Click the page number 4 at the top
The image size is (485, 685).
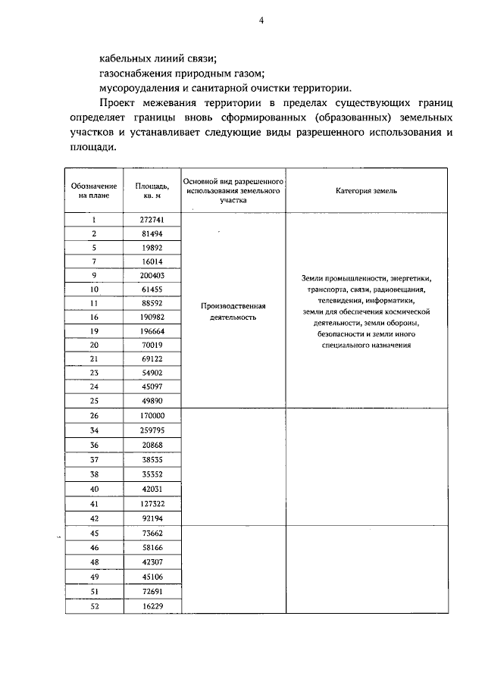(x=261, y=21)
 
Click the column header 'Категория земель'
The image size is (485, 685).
(x=366, y=191)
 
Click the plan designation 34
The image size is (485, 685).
(x=94, y=430)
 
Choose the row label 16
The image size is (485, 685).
(x=94, y=317)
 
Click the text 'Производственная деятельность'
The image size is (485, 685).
(x=234, y=311)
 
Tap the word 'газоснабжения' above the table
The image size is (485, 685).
(x=133, y=74)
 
